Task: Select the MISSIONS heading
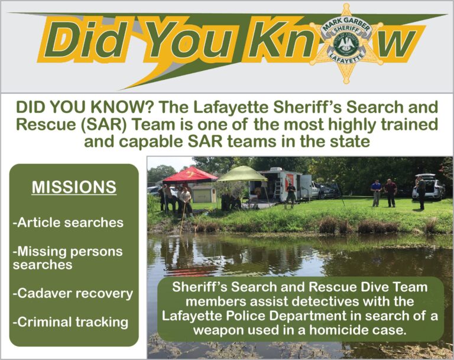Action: (74, 187)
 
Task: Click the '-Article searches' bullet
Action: (68, 222)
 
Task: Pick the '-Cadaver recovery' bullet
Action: (73, 294)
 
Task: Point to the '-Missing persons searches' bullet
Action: (67, 258)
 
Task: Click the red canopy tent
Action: (190, 174)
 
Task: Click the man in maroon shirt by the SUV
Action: (390, 193)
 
